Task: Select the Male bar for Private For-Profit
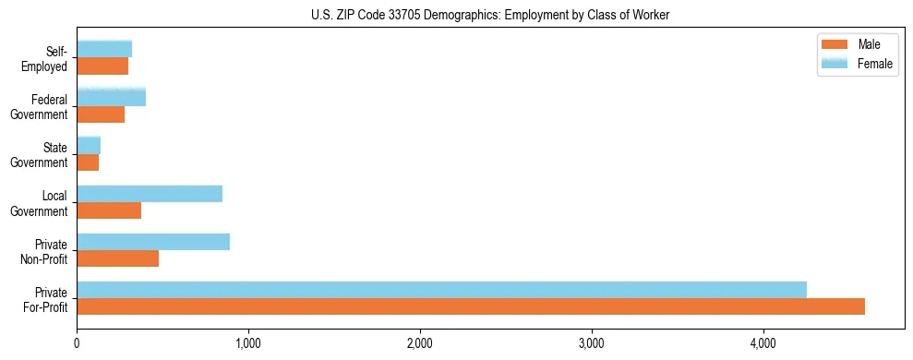click(471, 306)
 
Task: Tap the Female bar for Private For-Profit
click(441, 290)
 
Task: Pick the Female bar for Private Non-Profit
click(153, 242)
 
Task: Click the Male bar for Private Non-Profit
click(118, 258)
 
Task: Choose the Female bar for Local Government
click(150, 194)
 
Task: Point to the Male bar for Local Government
click(109, 210)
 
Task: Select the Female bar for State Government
click(89, 145)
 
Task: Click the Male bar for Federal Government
click(101, 114)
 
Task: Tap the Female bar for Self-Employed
click(104, 49)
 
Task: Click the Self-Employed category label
click(47, 59)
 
